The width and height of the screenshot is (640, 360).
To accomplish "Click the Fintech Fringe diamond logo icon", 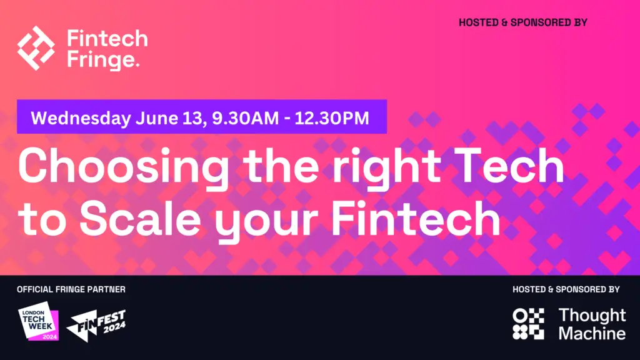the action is click(x=36, y=48).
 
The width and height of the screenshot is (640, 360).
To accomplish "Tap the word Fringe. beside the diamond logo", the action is click(x=103, y=59).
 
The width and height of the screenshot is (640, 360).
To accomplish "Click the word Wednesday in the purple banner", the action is click(x=81, y=118).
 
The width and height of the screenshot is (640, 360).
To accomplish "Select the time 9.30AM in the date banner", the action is click(x=245, y=118).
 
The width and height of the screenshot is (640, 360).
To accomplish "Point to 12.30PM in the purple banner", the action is click(x=332, y=118).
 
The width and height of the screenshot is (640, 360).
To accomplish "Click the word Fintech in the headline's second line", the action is click(x=416, y=218).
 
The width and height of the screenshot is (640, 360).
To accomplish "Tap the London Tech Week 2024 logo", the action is click(x=38, y=321).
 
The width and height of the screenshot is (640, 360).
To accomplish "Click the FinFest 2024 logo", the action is click(x=96, y=325).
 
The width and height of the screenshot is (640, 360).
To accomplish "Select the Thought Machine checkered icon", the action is click(x=528, y=324).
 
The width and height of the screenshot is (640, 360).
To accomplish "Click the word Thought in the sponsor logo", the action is click(x=592, y=316).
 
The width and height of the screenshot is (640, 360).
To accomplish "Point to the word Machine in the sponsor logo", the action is click(x=592, y=334).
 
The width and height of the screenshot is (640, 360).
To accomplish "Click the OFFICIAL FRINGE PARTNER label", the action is click(x=71, y=289).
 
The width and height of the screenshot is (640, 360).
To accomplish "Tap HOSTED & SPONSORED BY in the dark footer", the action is click(x=566, y=289).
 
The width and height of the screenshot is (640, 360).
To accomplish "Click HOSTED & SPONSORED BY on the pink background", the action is click(x=523, y=22).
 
